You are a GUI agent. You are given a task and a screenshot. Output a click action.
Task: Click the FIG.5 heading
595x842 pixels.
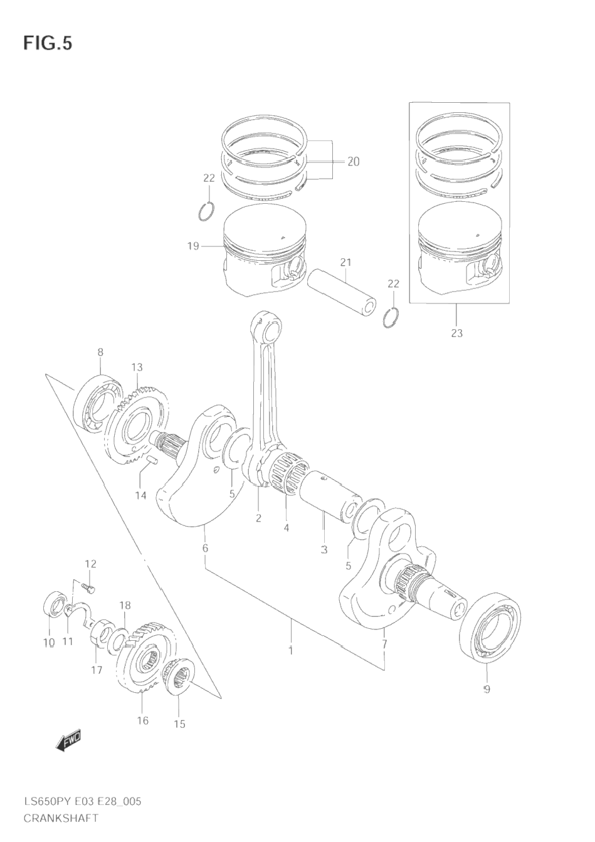[x=48, y=44]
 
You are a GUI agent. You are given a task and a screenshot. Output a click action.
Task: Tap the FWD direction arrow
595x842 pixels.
[x=68, y=742]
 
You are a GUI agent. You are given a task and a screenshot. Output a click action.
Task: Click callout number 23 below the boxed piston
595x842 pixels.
[x=456, y=333]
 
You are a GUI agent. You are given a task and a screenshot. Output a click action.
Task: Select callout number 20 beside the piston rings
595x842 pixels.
[x=354, y=162]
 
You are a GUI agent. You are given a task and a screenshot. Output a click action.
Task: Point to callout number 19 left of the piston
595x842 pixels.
[x=193, y=246]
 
